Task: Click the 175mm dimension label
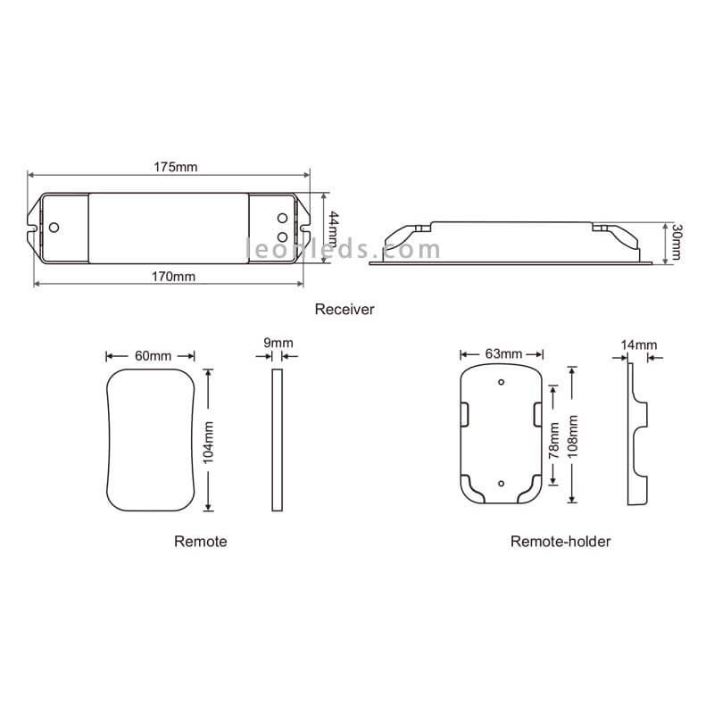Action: point(175,167)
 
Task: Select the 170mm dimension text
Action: point(173,277)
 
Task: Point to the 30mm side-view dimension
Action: point(677,242)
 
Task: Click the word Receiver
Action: point(345,309)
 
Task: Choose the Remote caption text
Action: point(200,542)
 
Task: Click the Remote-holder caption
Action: point(560,542)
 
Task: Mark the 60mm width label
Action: point(153,355)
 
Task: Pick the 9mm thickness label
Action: point(278,343)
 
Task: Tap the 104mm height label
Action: point(208,443)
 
